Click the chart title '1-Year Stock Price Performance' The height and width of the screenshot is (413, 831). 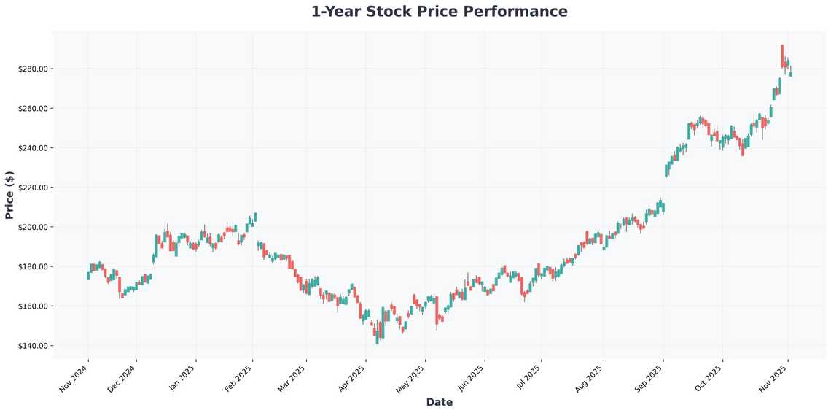[439, 12]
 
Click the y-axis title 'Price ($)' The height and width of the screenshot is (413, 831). [9, 195]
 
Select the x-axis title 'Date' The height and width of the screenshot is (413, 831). [439, 402]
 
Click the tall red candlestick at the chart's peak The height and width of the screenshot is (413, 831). [782, 56]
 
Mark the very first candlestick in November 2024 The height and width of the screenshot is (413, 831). [88, 276]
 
